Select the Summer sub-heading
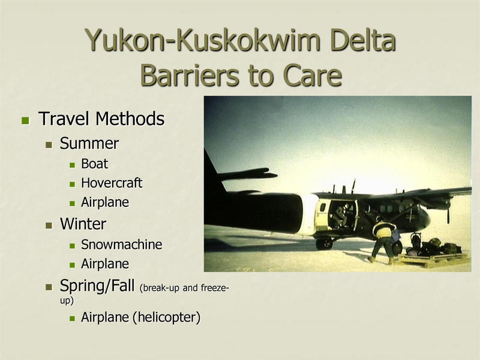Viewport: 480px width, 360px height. (x=89, y=143)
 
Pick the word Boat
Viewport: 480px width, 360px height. (x=95, y=163)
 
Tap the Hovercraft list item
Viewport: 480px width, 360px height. (x=112, y=182)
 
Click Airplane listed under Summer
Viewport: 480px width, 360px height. (x=105, y=202)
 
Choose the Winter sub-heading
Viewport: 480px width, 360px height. (x=83, y=224)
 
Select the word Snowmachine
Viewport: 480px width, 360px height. (x=122, y=244)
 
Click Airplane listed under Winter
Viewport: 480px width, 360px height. (x=105, y=263)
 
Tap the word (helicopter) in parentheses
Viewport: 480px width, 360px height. (x=166, y=317)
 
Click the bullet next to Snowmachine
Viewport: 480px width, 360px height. (x=73, y=245)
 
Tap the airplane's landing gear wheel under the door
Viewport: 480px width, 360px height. (x=325, y=243)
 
